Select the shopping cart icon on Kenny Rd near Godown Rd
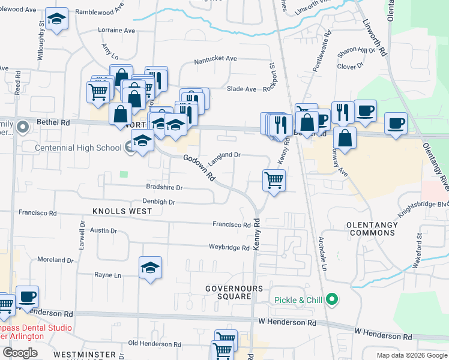point(274,179)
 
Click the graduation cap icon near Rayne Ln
point(150,268)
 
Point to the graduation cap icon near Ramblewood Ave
point(56,20)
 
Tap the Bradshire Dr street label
point(164,188)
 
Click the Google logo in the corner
point(20,353)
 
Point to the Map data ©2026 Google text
point(411,355)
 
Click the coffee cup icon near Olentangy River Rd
point(395,123)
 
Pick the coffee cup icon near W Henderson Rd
point(27,296)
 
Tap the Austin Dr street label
point(103,230)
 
